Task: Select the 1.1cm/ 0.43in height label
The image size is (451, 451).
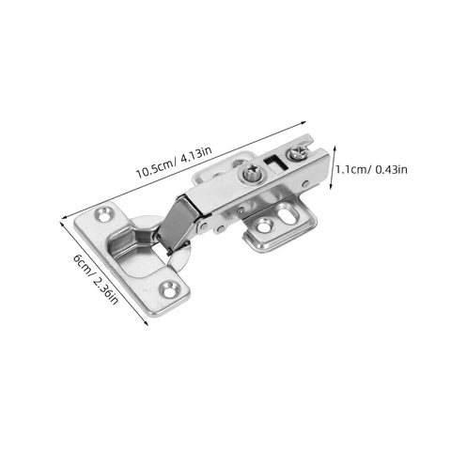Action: pyautogui.click(x=372, y=169)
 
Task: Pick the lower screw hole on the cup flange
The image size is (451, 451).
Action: pyautogui.click(x=169, y=288)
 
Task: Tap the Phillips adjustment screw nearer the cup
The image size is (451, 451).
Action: pyautogui.click(x=251, y=173)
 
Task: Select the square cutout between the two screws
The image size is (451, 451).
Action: pyautogui.click(x=274, y=162)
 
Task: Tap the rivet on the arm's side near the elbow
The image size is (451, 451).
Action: pyautogui.click(x=218, y=225)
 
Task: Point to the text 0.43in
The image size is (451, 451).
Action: pyautogui.click(x=389, y=169)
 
